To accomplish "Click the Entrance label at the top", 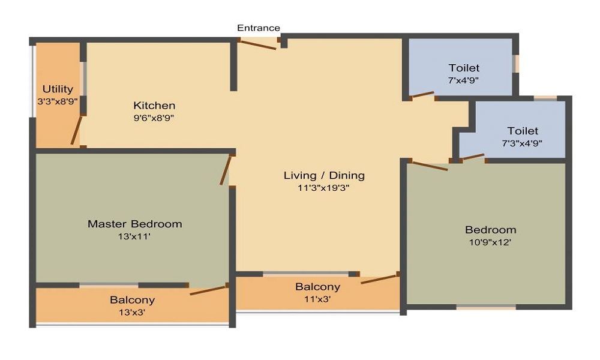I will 258,28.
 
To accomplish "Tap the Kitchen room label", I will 154,106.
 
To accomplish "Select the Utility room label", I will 58,89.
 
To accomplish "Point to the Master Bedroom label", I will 134,224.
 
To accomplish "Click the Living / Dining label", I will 324,175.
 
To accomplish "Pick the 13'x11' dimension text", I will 134,236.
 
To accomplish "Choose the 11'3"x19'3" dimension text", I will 324,187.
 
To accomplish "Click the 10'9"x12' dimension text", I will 490,242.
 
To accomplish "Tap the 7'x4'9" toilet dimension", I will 464,80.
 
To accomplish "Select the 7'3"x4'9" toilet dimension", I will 523,143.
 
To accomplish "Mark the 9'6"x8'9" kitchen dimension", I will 154,118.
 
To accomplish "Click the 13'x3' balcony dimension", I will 132,312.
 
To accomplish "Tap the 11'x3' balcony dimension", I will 317,299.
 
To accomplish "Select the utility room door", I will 76,131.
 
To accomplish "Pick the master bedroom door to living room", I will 226,170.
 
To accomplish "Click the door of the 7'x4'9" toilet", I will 422,94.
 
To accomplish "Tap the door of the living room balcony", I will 380,278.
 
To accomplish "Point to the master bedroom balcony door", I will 208,290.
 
